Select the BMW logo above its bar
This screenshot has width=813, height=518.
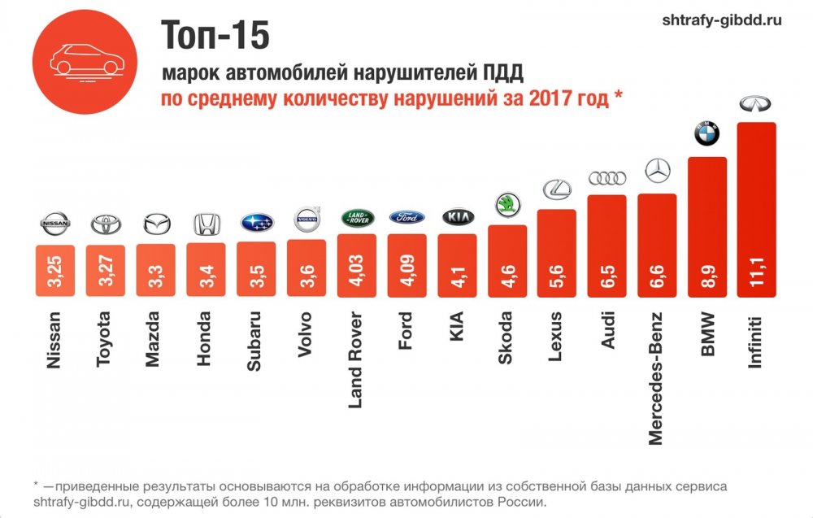point(706,134)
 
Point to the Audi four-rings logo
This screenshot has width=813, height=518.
point(606,178)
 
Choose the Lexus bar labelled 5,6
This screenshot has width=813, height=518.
point(557,253)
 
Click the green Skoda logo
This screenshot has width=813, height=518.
point(506,203)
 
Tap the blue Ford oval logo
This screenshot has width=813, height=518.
point(406,217)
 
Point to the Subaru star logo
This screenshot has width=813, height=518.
point(256,223)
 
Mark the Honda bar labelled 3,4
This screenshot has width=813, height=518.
point(206,269)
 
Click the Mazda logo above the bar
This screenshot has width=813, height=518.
point(156,224)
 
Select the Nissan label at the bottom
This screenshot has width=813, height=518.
point(55,342)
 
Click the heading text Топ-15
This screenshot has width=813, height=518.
point(215,35)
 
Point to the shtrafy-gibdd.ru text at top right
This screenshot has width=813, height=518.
point(724,20)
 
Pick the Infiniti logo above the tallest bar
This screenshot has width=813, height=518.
point(756,104)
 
